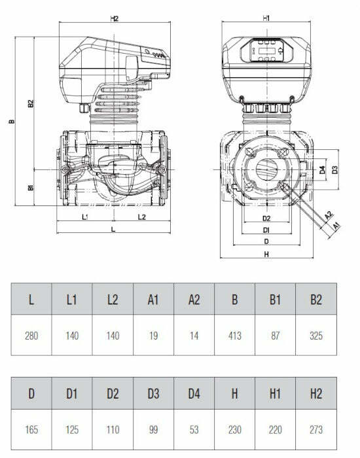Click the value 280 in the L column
(31, 336)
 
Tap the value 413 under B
(235, 336)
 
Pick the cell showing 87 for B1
(276, 336)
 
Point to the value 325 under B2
(316, 336)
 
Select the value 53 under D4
(194, 430)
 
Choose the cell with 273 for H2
(316, 430)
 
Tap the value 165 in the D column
(31, 430)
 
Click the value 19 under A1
(154, 336)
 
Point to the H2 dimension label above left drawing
(114, 19)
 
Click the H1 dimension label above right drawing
(267, 19)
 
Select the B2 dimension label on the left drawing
(31, 104)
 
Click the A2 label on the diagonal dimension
(329, 215)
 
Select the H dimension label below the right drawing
(266, 254)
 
